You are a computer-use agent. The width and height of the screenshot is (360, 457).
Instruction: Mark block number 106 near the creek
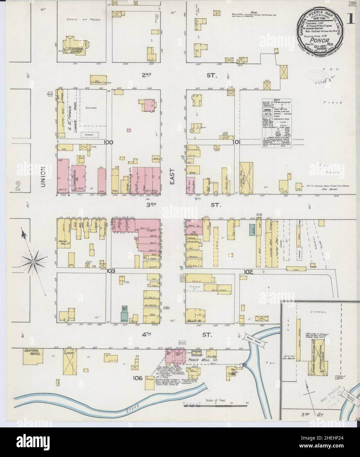point(138,378)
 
